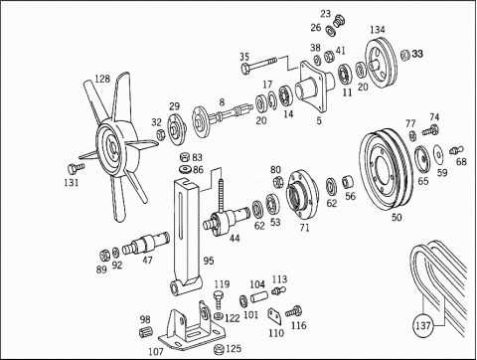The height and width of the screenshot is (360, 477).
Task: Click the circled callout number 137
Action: (423, 325)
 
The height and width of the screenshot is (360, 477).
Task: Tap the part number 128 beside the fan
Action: (102, 79)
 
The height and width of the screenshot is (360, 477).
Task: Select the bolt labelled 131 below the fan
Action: (76, 168)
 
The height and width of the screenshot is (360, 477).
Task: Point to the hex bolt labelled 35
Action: (259, 66)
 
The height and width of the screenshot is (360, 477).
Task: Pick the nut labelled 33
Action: (405, 55)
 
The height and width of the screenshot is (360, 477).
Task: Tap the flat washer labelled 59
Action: (438, 153)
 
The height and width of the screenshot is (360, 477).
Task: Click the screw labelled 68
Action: (456, 150)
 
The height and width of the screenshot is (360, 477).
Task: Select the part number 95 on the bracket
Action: (209, 261)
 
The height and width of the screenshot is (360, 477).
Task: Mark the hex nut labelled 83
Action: (185, 157)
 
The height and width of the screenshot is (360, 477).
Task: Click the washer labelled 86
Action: (185, 169)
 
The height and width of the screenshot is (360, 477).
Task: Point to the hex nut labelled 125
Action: (220, 349)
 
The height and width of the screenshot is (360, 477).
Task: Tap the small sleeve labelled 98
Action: (145, 332)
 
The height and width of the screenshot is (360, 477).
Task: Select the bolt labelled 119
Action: (218, 300)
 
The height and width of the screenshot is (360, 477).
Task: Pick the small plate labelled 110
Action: (275, 316)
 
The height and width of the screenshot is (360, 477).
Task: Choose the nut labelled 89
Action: (104, 256)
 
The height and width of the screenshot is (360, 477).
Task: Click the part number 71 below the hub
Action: (304, 228)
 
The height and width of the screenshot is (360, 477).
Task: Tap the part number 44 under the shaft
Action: (235, 238)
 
